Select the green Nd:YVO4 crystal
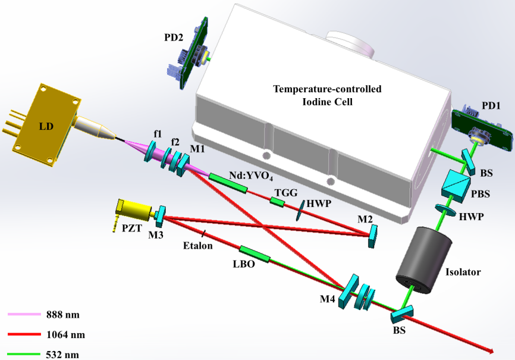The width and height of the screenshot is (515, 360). [228, 182]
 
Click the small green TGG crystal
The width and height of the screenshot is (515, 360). [277, 202]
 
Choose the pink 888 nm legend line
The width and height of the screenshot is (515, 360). [23, 314]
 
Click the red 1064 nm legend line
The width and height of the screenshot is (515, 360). [23, 335]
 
